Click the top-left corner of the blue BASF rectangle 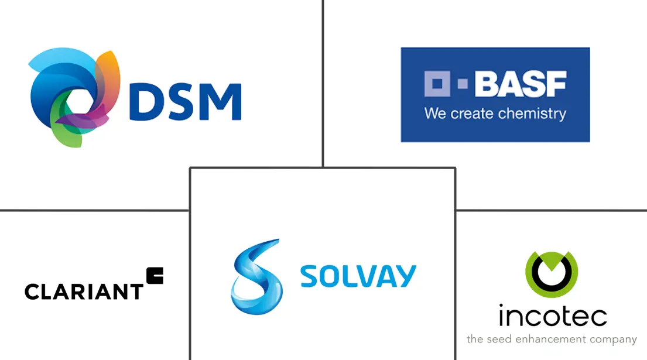point(401,48)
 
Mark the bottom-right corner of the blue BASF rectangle point(590,142)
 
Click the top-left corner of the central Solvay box point(190,168)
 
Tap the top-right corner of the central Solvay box point(456,168)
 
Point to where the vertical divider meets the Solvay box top point(323,167)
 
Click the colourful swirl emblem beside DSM point(75,97)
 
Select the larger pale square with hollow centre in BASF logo point(437,84)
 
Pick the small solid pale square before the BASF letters point(463,84)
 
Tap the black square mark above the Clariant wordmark point(155,276)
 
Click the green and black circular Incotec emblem point(552,274)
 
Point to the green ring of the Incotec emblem point(552,274)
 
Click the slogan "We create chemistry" point(495,114)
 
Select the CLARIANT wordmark point(84,292)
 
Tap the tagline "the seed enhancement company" point(552,340)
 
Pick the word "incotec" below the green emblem point(553,316)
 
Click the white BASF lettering point(521,84)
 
